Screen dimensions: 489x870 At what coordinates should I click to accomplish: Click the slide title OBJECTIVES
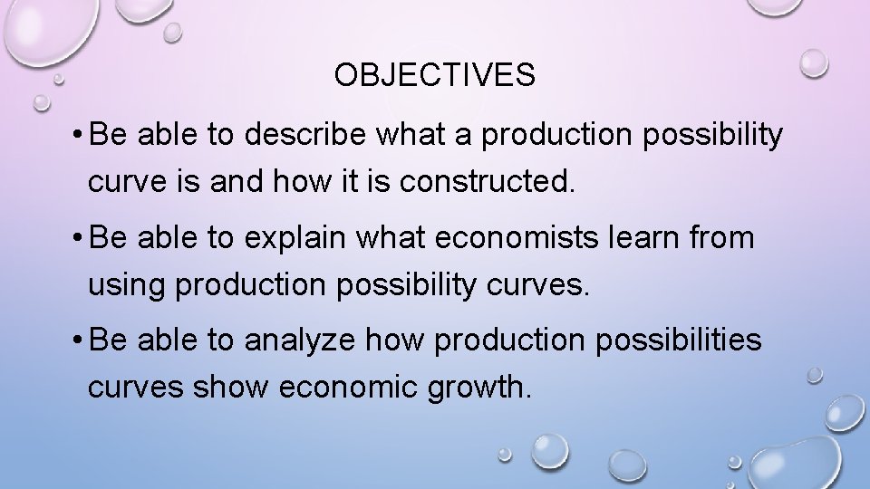coord(434,76)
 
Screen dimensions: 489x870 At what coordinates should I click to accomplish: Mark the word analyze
coord(303,342)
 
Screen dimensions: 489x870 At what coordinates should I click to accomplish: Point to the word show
coord(229,389)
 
